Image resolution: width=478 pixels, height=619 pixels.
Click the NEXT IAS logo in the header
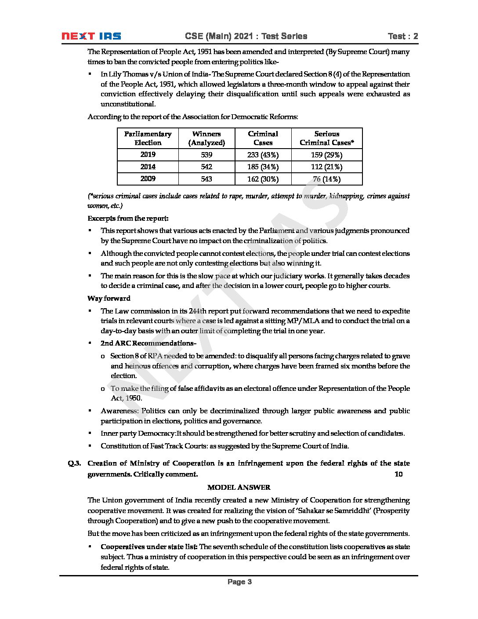pos(91,36)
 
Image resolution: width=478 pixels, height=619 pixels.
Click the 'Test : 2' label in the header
pos(403,36)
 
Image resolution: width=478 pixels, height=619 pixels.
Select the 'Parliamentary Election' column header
pos(148,138)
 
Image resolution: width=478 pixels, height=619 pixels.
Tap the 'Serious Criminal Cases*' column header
pos(327,138)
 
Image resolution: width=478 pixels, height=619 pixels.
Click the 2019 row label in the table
pos(148,155)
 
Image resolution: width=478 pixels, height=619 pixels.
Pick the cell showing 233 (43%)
pos(263,155)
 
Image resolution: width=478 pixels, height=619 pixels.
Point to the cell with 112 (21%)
pos(327,167)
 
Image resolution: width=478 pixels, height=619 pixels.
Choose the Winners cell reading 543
pos(206,179)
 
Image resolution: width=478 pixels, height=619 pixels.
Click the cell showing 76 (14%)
pos(327,179)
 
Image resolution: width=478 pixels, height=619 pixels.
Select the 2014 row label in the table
pos(148,167)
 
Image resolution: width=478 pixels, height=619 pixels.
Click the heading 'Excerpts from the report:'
pos(128,218)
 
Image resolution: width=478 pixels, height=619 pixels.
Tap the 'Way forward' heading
pos(109,299)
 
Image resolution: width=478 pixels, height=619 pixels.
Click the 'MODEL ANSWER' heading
pos(239,488)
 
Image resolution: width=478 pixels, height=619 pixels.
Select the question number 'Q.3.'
pos(74,463)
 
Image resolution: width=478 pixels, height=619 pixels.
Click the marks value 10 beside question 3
pos(398,474)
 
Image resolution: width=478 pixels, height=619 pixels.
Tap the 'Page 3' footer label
pos(239,582)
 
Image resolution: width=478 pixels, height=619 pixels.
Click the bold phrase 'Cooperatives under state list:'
pos(149,547)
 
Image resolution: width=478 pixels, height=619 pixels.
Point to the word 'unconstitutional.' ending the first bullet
pos(128,104)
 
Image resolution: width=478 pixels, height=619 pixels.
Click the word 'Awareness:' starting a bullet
pos(119,411)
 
